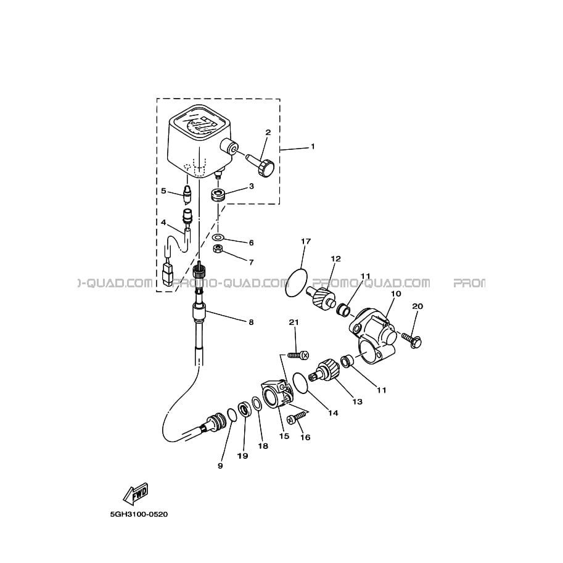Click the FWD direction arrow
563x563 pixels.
tap(136, 494)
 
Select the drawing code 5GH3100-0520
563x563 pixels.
tap(139, 514)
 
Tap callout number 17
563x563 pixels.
tap(306, 241)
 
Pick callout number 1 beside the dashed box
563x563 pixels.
tap(313, 147)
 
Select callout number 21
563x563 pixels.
tap(294, 323)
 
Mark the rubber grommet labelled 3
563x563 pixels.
tap(218, 195)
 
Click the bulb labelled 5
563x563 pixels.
tap(187, 194)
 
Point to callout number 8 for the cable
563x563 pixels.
tap(251, 322)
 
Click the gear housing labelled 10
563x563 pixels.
tap(372, 335)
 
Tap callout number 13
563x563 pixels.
tap(358, 401)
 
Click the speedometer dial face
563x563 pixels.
tap(197, 125)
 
